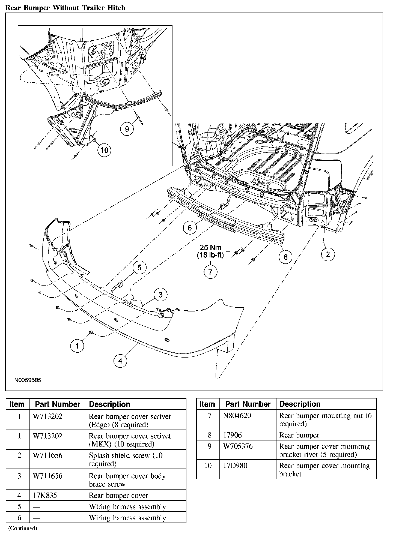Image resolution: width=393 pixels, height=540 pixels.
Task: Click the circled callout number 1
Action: click(77, 346)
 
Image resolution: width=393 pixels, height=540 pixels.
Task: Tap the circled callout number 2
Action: click(328, 254)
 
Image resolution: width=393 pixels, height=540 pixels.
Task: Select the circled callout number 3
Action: click(160, 295)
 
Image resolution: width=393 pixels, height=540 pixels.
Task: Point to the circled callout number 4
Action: click(120, 361)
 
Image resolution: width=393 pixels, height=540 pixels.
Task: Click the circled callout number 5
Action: click(139, 268)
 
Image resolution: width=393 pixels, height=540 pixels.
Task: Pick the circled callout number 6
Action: click(190, 227)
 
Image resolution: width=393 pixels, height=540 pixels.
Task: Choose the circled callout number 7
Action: click(210, 272)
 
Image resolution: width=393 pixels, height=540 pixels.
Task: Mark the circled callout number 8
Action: click(285, 257)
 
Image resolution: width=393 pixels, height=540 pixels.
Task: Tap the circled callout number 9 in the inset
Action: click(127, 128)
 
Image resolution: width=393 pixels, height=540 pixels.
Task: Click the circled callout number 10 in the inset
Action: click(105, 150)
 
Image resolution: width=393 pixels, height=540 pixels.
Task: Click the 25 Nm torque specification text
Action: click(210, 248)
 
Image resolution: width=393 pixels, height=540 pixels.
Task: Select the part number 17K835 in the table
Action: click(45, 495)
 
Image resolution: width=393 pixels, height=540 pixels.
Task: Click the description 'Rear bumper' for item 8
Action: click(299, 435)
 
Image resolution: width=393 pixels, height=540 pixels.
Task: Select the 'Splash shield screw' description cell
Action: click(126, 460)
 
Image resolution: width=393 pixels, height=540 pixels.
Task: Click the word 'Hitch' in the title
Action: click(115, 8)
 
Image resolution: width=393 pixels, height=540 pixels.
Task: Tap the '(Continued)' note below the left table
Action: click(22, 528)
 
